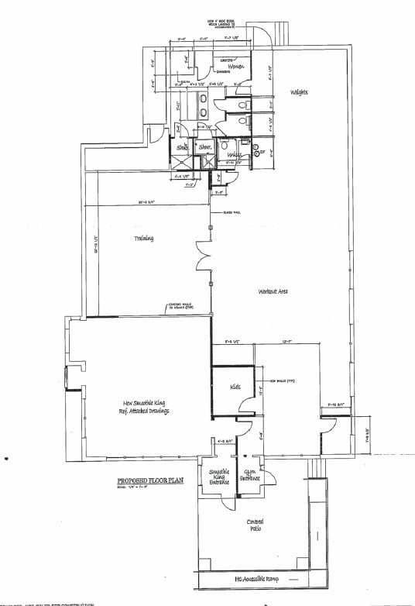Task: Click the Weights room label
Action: click(x=300, y=93)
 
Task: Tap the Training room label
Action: click(x=142, y=238)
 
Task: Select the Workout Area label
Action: click(x=274, y=291)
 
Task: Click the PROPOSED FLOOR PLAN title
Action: click(x=146, y=480)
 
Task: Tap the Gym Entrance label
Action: click(x=250, y=474)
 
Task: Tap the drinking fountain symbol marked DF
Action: click(x=260, y=152)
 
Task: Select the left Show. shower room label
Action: click(x=183, y=146)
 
